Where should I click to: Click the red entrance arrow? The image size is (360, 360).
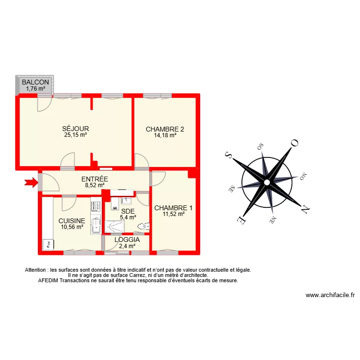point(31,182)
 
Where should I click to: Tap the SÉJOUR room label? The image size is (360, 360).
point(76,129)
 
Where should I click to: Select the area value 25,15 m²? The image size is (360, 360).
point(76,135)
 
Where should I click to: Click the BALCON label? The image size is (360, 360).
point(35,82)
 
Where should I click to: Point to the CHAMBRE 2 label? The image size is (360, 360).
point(165,129)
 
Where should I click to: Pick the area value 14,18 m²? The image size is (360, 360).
point(165,135)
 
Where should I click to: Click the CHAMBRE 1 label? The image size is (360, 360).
point(173,208)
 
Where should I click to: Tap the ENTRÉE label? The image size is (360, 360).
point(95,179)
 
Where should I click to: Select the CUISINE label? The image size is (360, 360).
point(72,221)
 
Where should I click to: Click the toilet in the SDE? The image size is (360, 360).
point(143,226)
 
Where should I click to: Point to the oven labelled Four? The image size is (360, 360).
point(49,244)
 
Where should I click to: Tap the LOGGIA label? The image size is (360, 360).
point(127,240)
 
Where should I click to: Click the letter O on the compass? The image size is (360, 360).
point(295,143)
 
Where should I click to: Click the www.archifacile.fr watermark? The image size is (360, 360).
point(330,296)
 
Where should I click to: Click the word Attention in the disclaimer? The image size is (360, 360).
point(36,270)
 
